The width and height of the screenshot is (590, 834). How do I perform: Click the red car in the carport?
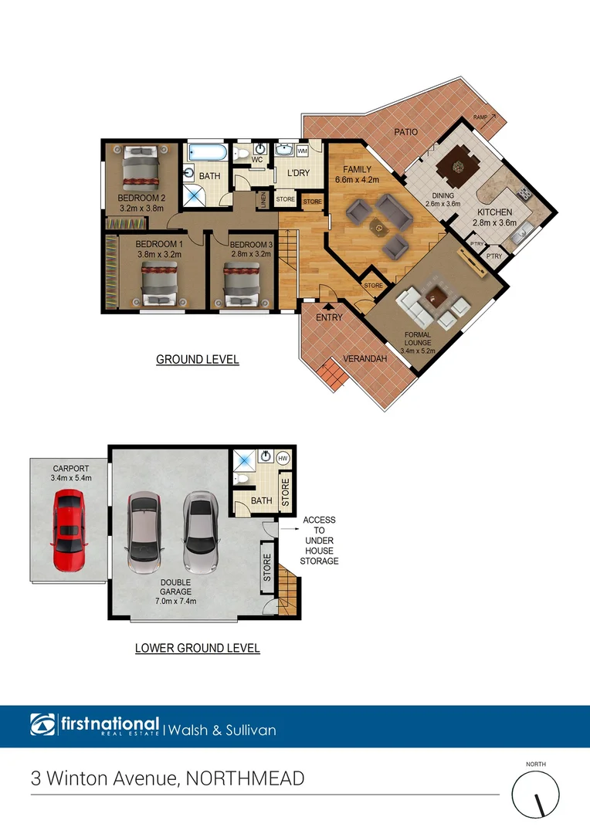[x=68, y=532]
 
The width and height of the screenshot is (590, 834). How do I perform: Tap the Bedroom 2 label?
[x=142, y=198]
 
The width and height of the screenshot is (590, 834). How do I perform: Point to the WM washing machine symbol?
[x=303, y=150]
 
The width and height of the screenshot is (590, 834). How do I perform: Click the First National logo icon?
[x=42, y=725]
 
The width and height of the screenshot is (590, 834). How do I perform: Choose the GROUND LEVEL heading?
[x=198, y=359]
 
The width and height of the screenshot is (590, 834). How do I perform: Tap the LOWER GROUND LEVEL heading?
[x=198, y=648]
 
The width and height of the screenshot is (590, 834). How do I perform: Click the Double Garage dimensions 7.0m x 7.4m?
[x=176, y=601]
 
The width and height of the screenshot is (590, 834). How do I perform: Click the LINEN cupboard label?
[x=263, y=200]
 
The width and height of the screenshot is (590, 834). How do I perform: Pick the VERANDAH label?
[x=365, y=358]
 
